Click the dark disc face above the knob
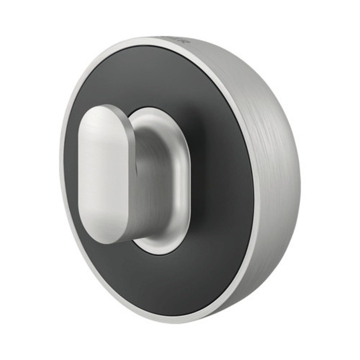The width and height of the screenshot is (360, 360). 150,75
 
